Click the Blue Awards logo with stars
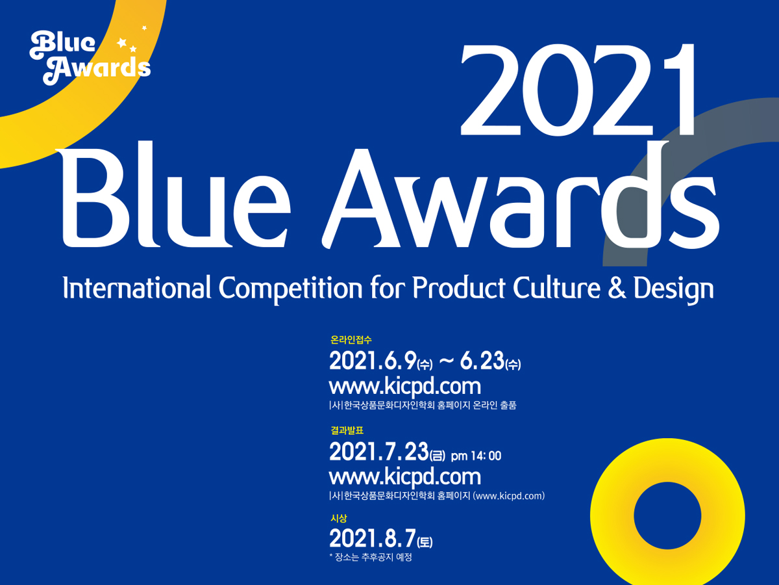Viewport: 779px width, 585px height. tap(90, 56)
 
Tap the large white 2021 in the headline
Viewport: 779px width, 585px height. tap(578, 90)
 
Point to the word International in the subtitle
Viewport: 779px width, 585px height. tap(137, 287)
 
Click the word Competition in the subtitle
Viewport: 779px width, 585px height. tap(291, 289)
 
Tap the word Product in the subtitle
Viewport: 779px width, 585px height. tap(459, 287)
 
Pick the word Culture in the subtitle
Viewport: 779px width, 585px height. tap(557, 287)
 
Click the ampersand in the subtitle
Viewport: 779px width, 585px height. tap(617, 288)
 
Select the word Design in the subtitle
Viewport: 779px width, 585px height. tap(674, 290)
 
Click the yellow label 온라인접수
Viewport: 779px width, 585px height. tap(351, 340)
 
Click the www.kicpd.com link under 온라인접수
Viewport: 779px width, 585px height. tap(405, 387)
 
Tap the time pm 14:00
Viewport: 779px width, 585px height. tap(476, 456)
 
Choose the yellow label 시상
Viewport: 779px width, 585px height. tap(339, 518)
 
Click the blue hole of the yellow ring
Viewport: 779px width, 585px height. tap(667, 515)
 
